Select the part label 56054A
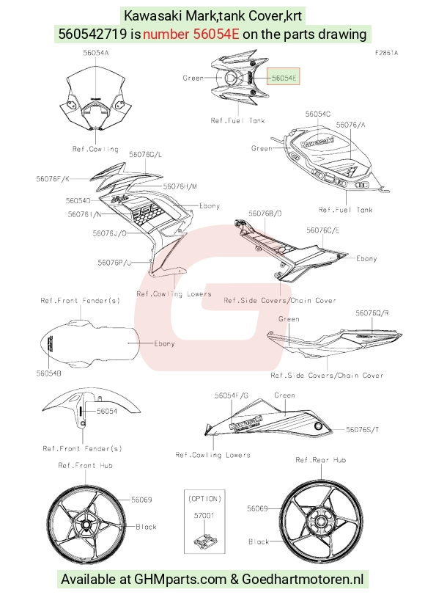point(96,53)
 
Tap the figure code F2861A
point(386,53)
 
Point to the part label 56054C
point(318,114)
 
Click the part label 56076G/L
point(145,155)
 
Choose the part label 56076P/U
point(114,263)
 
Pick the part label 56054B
point(49,373)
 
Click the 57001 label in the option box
point(204,515)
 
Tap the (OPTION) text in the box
point(204,499)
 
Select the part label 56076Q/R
point(372,313)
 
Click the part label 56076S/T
point(363,429)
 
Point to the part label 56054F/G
point(232,395)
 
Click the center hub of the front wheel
point(86,525)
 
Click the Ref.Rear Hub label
point(321,460)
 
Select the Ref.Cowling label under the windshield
point(95,149)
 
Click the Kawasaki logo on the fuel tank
point(318,142)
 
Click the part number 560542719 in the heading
point(92,34)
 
